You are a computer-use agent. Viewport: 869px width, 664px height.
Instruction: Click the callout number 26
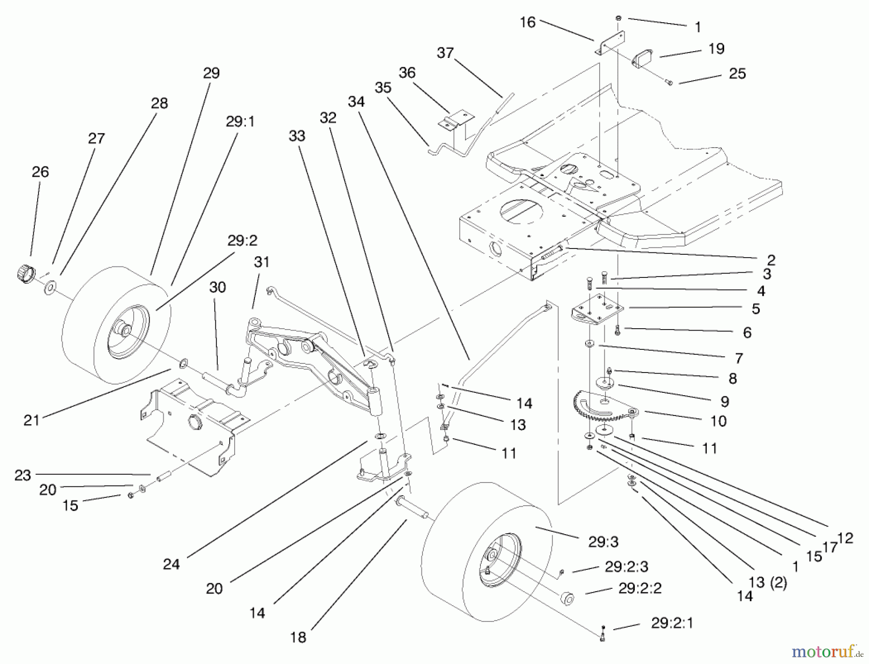click(41, 172)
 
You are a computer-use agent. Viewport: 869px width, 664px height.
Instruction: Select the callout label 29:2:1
click(672, 623)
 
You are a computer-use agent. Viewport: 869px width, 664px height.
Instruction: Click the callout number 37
click(445, 53)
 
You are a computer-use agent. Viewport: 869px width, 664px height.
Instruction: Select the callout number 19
click(716, 49)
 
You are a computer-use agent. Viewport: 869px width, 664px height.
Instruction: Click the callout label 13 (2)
click(768, 582)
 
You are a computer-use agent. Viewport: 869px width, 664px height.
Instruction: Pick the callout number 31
click(262, 262)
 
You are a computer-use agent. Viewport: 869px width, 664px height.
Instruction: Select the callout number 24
click(171, 564)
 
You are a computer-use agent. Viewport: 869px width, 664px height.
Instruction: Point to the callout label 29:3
click(603, 542)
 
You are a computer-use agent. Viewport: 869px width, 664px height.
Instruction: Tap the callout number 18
click(298, 637)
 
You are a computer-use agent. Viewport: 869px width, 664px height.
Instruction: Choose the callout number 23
click(23, 475)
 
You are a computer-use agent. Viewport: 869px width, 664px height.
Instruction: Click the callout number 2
click(771, 260)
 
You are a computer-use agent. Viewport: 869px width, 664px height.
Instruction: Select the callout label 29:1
click(240, 122)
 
